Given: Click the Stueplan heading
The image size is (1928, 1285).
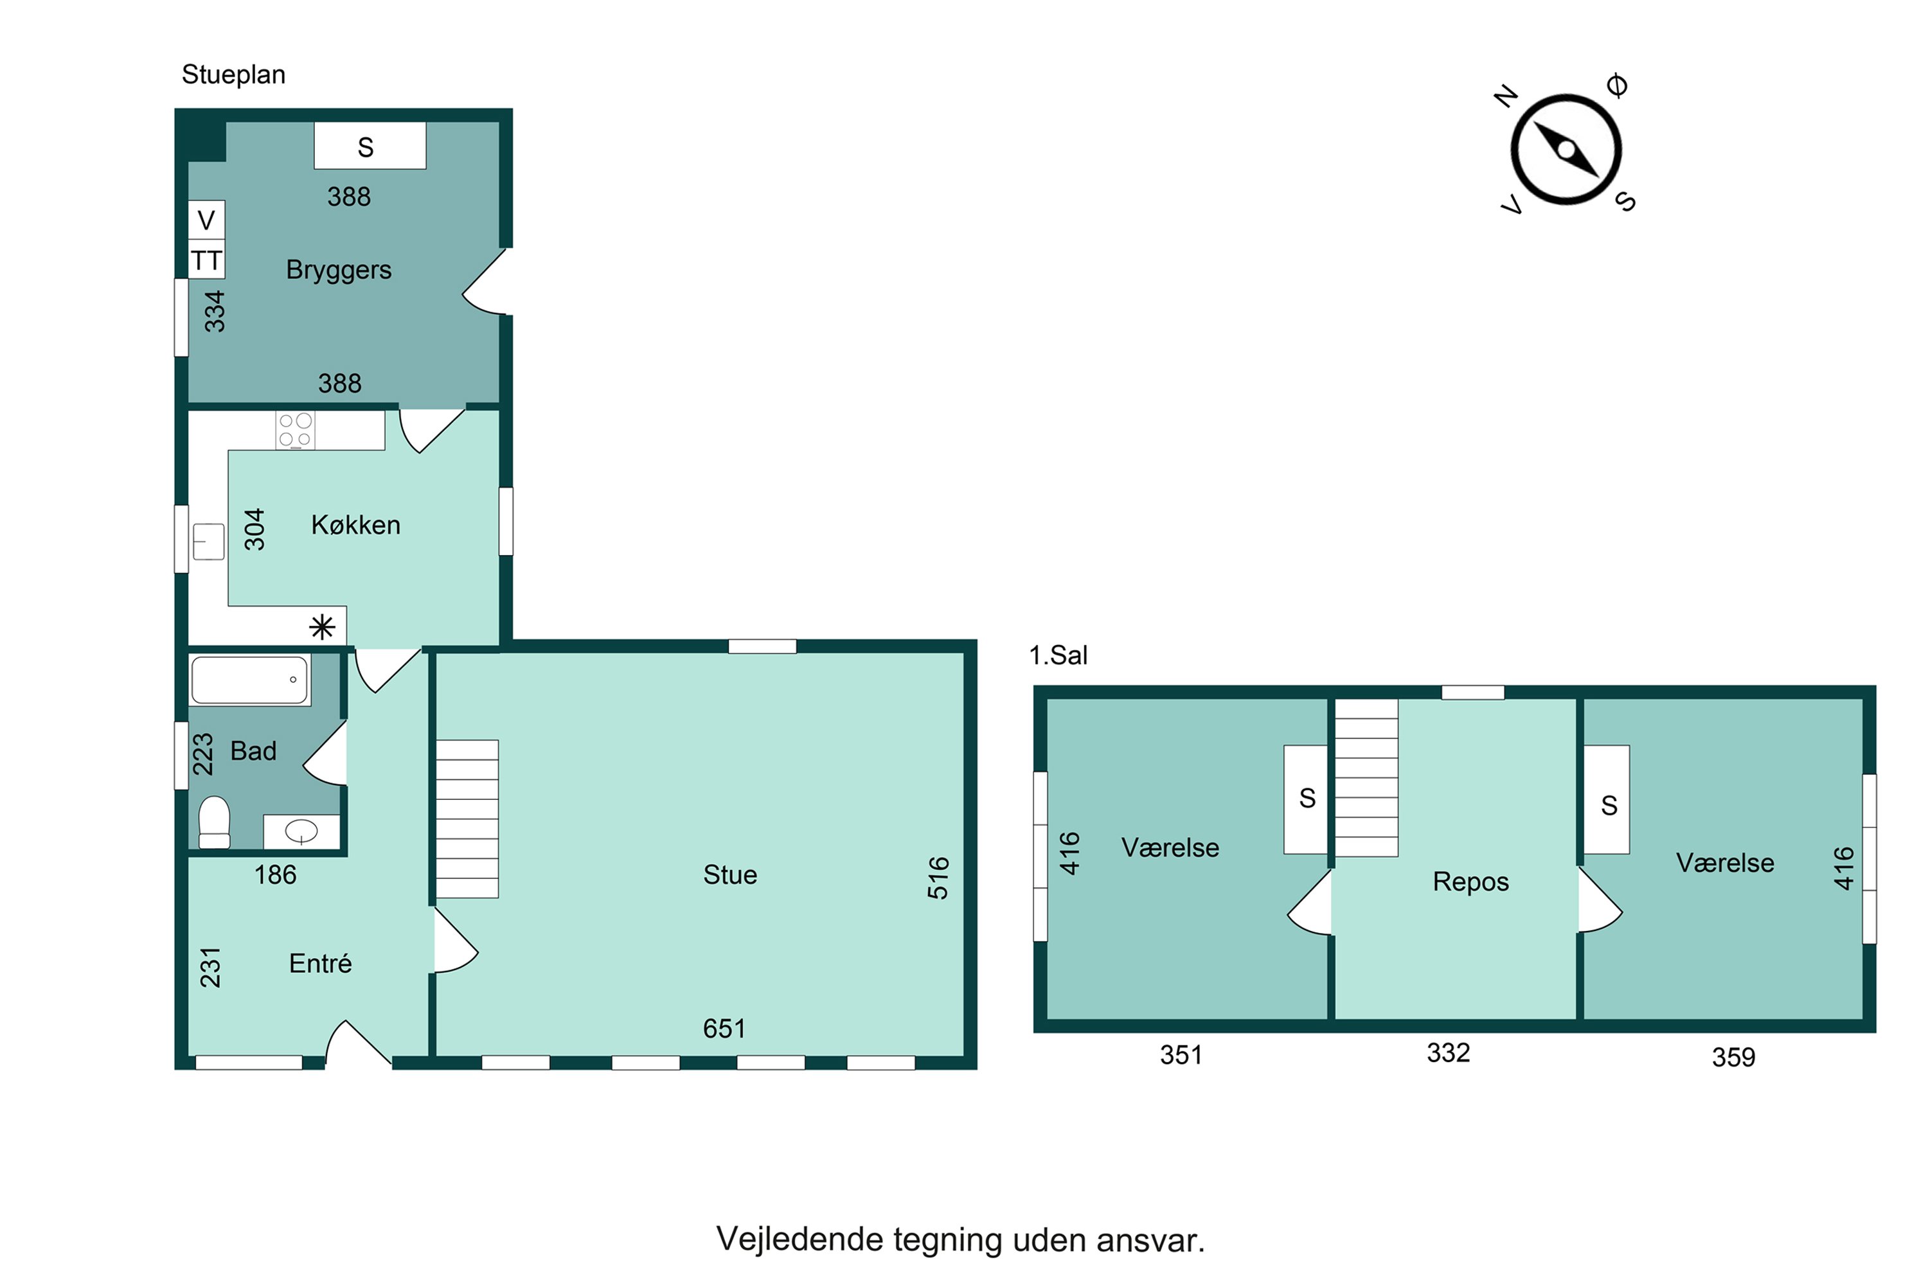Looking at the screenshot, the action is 234,75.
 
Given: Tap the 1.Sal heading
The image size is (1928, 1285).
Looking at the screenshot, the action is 1058,655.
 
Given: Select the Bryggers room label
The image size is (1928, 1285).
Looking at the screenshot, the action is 339,270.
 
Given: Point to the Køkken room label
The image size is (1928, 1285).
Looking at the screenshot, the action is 356,524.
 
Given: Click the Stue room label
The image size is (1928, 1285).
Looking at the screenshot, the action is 729,874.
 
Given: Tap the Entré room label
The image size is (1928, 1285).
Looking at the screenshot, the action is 321,963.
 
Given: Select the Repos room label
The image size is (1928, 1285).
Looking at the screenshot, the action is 1470,882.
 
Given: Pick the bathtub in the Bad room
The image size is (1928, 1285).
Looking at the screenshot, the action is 250,679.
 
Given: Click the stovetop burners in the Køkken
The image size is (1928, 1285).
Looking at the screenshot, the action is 295,430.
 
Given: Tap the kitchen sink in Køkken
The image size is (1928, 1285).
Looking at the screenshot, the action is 208,542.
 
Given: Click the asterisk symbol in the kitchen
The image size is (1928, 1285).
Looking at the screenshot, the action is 322,628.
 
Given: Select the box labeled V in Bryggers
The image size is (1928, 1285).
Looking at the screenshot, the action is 206,220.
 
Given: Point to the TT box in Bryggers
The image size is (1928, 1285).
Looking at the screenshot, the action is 206,260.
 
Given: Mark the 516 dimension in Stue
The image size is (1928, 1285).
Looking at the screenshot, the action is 938,878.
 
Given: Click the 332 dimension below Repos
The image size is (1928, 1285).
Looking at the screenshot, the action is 1449,1053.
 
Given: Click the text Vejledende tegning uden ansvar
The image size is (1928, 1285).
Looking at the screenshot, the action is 961,1240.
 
